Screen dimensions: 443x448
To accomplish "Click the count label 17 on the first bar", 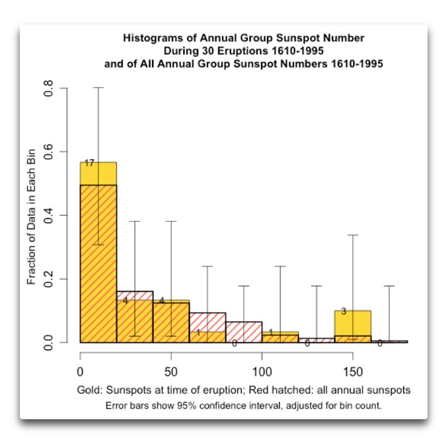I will point(89,163).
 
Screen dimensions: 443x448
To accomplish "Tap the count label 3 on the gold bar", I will point(344,311).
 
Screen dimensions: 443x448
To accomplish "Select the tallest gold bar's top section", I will point(98,173).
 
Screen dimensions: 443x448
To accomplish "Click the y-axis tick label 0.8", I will point(48,88).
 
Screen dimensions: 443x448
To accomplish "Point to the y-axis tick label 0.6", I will point(48,152).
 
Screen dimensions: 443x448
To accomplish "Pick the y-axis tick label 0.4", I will point(48,215).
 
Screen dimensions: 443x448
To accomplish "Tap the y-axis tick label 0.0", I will point(48,342).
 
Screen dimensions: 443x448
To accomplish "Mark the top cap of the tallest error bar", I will point(98,88).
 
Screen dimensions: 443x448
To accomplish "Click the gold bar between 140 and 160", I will point(353,322).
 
